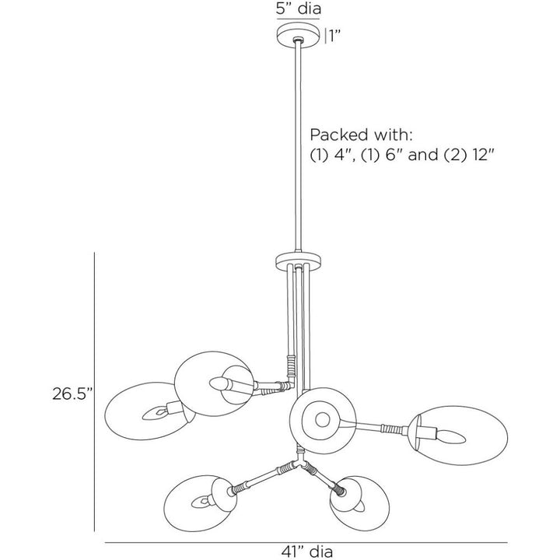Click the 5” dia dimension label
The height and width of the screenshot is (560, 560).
point(298,9)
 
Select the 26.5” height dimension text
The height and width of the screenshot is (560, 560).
point(72,394)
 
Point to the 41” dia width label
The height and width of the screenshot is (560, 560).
point(306,551)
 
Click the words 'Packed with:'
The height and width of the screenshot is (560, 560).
point(361,135)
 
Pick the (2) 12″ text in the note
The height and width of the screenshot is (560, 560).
point(469,155)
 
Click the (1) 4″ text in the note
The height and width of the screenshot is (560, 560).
point(333,155)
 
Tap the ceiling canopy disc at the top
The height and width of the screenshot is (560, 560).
point(298,35)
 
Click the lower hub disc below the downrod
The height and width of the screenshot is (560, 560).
point(298,261)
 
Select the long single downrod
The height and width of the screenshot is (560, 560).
point(298,147)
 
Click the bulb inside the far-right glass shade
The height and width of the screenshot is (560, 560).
point(451,436)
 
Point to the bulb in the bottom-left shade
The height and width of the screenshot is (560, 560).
point(201,502)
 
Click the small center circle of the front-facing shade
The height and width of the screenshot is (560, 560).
point(323,420)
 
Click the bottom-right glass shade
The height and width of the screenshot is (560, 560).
point(359,503)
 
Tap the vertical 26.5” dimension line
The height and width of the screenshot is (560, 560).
point(94,392)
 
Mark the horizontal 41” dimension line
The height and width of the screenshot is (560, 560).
point(306,543)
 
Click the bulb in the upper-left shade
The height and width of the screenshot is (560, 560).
point(219,384)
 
